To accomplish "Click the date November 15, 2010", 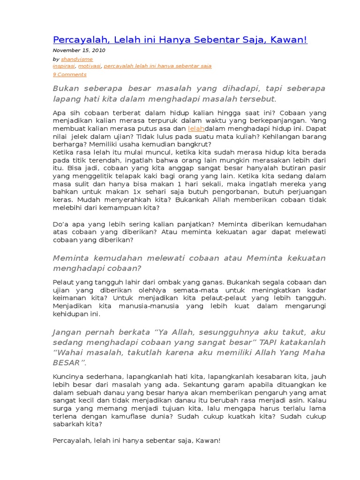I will tap(79, 51).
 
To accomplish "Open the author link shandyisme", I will tap(77, 59).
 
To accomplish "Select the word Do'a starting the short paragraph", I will tap(60, 224).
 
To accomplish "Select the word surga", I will tap(61, 408).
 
